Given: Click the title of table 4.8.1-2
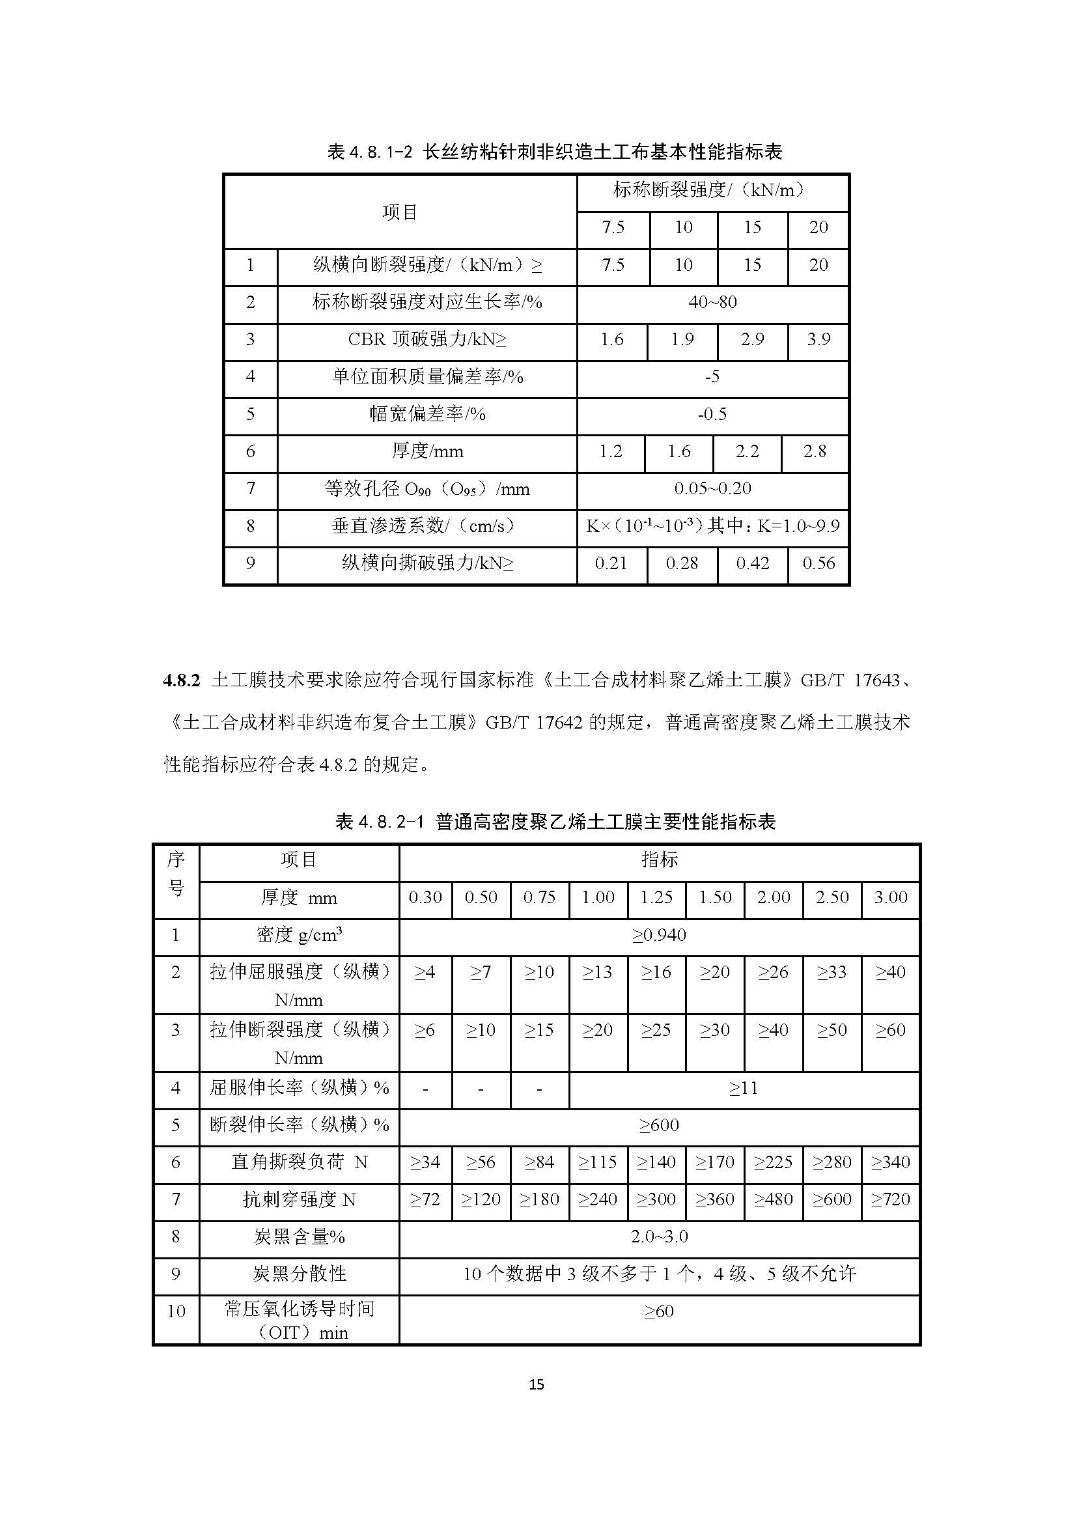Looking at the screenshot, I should click(554, 152).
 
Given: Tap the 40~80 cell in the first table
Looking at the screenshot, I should click(712, 303).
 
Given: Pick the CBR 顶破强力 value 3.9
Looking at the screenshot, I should click(818, 340).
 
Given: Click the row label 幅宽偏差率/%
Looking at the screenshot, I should click(427, 415).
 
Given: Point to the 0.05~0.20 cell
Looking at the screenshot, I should click(712, 489).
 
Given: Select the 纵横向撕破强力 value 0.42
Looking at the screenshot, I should click(752, 564).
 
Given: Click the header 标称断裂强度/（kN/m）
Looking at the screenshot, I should click(712, 191).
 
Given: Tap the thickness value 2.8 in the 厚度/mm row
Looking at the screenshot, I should click(815, 452).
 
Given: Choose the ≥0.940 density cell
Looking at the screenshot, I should click(658, 935).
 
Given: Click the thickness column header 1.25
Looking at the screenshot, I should click(656, 897).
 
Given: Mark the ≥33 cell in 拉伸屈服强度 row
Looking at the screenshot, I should click(832, 972).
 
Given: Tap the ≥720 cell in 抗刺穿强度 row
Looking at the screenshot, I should click(890, 1200).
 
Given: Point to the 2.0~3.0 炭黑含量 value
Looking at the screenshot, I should click(658, 1237).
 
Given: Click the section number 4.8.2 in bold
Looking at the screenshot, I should click(181, 680).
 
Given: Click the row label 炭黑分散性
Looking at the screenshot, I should click(299, 1274).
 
